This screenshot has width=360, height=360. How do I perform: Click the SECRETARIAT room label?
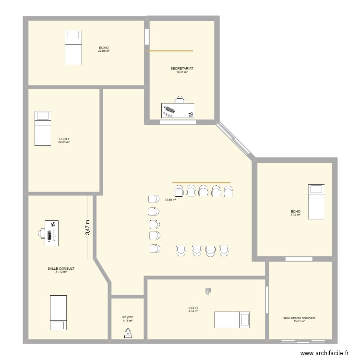pos(181,69)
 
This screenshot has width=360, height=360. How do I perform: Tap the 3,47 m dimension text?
pos(87,227)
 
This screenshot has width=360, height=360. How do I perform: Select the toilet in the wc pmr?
pos(128,334)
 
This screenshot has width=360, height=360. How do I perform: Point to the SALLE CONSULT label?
pos(61,269)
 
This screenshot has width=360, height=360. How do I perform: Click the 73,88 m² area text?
pos(170,200)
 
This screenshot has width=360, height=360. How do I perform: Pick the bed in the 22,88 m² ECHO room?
pos(73,47)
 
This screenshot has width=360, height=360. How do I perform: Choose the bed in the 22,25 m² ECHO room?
pos(42,128)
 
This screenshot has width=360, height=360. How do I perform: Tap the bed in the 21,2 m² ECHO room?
pos(316,201)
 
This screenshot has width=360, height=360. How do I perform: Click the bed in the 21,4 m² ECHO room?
pos(232,320)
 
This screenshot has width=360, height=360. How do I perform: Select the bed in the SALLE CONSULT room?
pos(58,312)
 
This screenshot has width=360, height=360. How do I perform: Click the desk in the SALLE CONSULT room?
pos(51,233)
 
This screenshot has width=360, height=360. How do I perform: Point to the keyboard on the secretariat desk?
pos(168,110)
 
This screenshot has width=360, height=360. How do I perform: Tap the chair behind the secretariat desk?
pos(180,100)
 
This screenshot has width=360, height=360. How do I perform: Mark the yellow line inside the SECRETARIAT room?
pos(170,50)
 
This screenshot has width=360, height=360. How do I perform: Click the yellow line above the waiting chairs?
pos(201,182)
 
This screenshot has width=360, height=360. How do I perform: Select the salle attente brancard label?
pos(299,318)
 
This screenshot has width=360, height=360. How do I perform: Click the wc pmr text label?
pos(127,317)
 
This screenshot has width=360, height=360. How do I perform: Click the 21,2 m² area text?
pos(295,215)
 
